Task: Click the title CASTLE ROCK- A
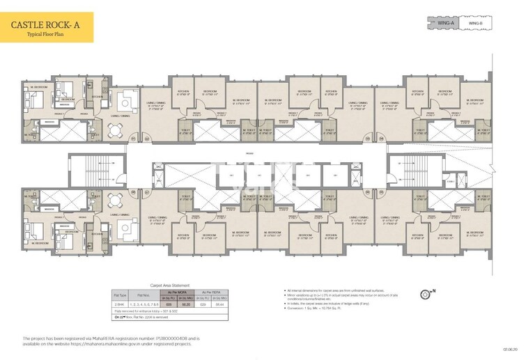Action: [x=46, y=25]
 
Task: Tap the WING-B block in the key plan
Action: [x=476, y=23]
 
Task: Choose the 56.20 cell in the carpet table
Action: [x=186, y=305]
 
